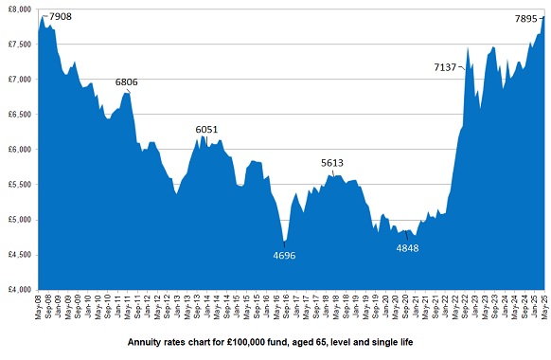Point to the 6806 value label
tap(128, 82)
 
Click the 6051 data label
tap(207, 129)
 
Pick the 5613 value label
tap(332, 163)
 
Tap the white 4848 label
tap(408, 248)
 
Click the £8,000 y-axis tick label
tap(18, 9)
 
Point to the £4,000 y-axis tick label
tap(18, 289)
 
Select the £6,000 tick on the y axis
tap(18, 150)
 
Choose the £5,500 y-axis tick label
tap(18, 185)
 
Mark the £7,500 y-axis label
tap(18, 45)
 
